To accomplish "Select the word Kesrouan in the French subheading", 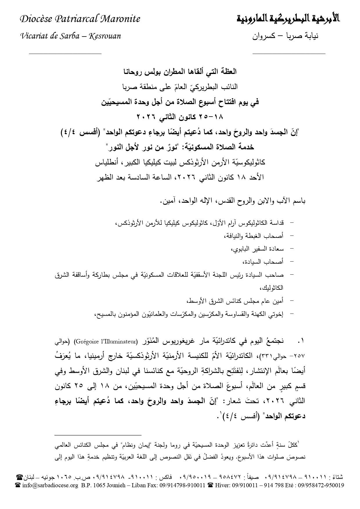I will point(105,36).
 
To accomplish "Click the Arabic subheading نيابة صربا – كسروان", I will point(285,37).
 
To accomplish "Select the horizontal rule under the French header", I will point(65,53).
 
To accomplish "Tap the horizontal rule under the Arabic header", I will point(289,53).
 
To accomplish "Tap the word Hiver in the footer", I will point(222,485).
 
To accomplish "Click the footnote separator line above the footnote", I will point(98,435).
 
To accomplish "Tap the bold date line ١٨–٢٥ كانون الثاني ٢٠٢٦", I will point(180,117).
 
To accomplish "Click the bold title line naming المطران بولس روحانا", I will point(180,71).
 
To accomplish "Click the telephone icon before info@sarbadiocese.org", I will point(18,485).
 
